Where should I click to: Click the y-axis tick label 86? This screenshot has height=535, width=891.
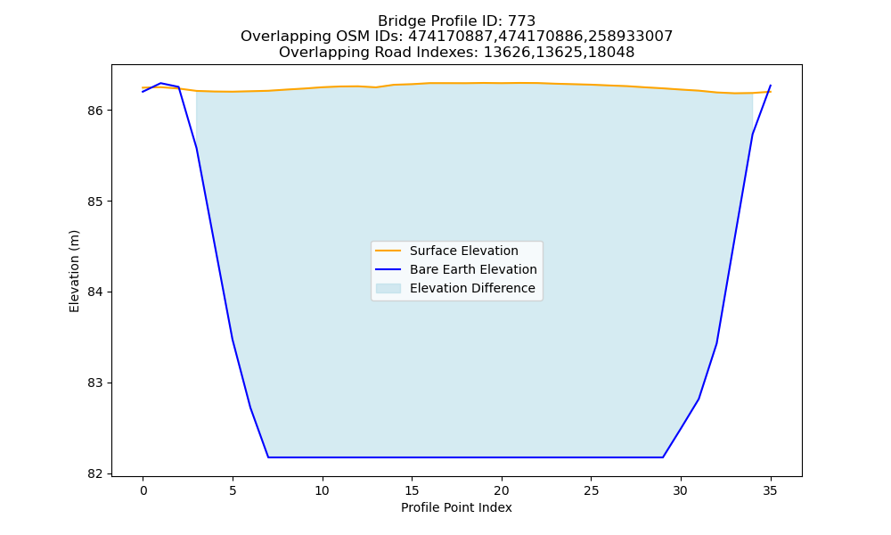pyautogui.click(x=95, y=111)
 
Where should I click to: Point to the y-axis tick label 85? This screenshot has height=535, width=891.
pyautogui.click(x=95, y=202)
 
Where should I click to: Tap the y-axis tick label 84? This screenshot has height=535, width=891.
pyautogui.click(x=95, y=292)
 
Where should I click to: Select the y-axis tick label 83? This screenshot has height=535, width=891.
pyautogui.click(x=95, y=383)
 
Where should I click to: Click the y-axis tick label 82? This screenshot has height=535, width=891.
pyautogui.click(x=95, y=474)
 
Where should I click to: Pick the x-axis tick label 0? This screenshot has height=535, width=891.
pyautogui.click(x=143, y=490)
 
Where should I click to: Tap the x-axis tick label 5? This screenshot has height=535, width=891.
pyautogui.click(x=233, y=490)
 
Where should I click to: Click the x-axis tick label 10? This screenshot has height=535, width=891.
pyautogui.click(x=323, y=490)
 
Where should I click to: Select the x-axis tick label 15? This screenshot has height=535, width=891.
pyautogui.click(x=412, y=490)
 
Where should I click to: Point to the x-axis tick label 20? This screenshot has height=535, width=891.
pyautogui.click(x=501, y=490)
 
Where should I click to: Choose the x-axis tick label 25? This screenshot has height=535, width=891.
pyautogui.click(x=591, y=490)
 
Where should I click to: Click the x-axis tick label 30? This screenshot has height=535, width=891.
pyautogui.click(x=681, y=490)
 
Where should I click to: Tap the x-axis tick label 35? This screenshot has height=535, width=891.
pyautogui.click(x=770, y=490)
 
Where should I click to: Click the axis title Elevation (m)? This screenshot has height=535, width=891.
pyautogui.click(x=75, y=271)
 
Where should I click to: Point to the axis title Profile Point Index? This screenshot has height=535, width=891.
pyautogui.click(x=456, y=507)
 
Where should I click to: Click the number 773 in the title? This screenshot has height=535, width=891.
pyautogui.click(x=521, y=21)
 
